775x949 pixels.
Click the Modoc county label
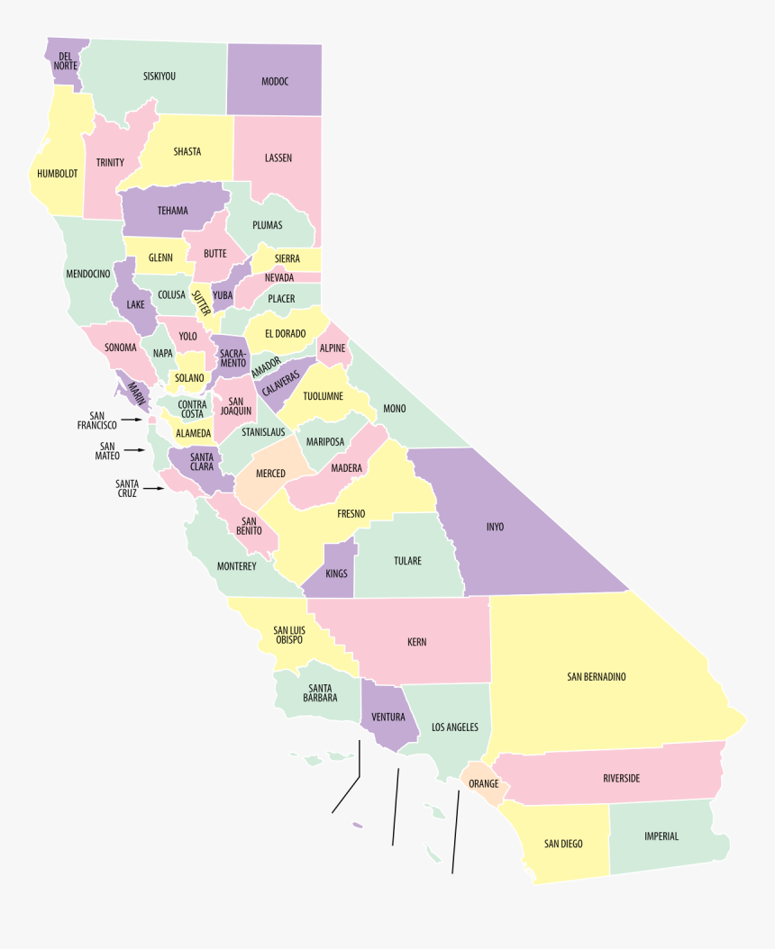click(x=275, y=82)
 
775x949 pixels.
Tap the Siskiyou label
click(x=160, y=77)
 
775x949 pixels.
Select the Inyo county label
click(x=495, y=527)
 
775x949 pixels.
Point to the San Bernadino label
click(x=597, y=676)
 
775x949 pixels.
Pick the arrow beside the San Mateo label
click(x=134, y=450)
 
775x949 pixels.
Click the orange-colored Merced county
click(x=270, y=474)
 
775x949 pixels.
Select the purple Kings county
click(x=336, y=573)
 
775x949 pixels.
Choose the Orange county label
click(x=483, y=783)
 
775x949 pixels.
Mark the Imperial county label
click(x=661, y=836)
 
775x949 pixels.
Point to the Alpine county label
click(x=333, y=348)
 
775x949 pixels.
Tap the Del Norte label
click(x=66, y=61)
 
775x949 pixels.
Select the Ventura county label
click(x=387, y=718)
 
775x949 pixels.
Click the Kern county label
click(x=416, y=642)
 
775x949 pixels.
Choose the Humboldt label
click(x=58, y=173)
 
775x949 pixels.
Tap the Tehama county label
click(x=172, y=211)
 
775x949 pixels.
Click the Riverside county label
click(x=621, y=778)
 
